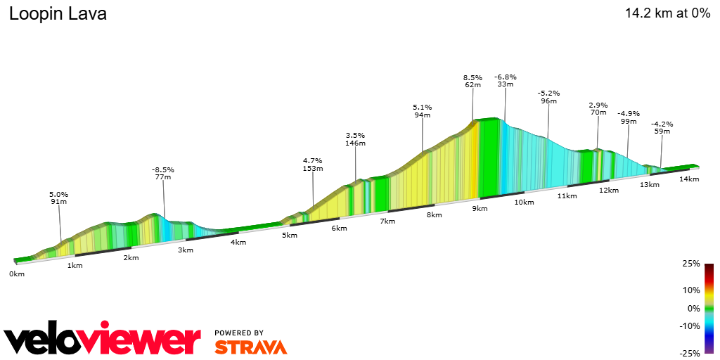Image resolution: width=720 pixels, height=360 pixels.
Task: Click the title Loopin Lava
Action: tap(58, 14)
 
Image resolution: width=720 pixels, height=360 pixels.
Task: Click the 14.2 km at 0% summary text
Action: tap(667, 13)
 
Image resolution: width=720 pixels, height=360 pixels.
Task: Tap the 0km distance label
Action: tap(17, 274)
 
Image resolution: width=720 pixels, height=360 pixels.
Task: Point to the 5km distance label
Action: tap(290, 235)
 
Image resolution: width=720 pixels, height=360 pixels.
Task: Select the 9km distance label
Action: tap(480, 209)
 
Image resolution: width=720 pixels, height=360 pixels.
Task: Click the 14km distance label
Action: tap(689, 179)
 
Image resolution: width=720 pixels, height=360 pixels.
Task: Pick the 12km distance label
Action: tap(609, 191)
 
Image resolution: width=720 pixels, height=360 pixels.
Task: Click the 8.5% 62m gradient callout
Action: tap(472, 81)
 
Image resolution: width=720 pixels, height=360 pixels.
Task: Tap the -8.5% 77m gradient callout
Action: tap(162, 173)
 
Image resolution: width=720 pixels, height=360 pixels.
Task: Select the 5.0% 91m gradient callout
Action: tap(58, 198)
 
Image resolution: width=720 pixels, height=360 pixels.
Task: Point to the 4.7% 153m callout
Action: tap(312, 165)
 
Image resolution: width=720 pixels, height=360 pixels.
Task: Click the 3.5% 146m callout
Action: tap(356, 139)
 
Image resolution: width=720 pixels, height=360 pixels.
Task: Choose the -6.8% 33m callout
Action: tap(505, 80)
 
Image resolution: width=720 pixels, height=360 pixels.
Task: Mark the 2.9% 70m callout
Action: tap(598, 108)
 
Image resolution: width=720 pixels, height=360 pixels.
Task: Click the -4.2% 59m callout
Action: tap(662, 127)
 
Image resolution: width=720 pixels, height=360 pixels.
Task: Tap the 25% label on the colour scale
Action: tap(692, 264)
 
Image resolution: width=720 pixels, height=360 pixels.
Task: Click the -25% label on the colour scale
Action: tap(690, 353)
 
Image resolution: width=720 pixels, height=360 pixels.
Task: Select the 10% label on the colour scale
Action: tap(692, 290)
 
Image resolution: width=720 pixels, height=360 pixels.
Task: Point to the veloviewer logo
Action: tap(103, 340)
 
